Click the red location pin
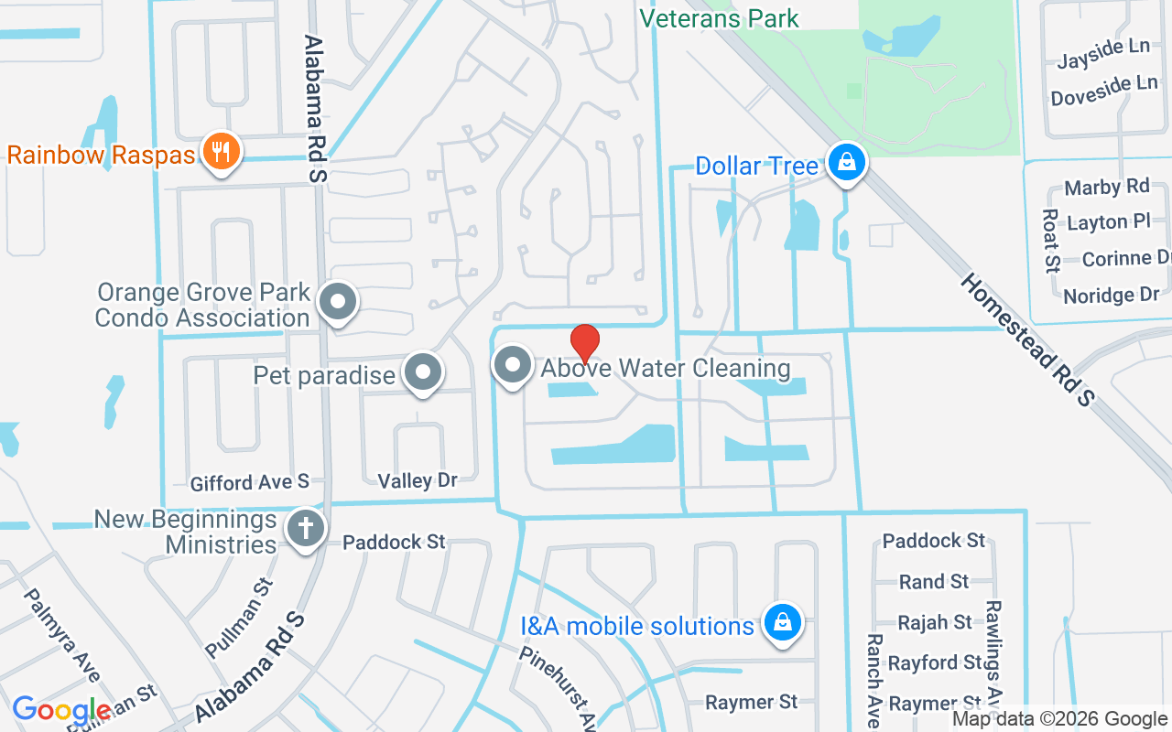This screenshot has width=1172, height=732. tap(584, 344)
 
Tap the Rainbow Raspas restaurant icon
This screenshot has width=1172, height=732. tap(220, 152)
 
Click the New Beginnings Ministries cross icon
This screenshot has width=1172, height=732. tap(306, 530)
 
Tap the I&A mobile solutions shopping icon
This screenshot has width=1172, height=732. tap(782, 623)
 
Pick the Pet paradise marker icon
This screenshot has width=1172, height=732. tap(422, 372)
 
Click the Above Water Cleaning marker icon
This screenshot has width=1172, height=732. tap(513, 366)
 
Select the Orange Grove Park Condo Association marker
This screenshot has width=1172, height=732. tap(338, 302)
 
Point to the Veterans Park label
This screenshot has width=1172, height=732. tap(719, 18)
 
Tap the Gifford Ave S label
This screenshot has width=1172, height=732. tap(250, 482)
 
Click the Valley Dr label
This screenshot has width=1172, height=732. tap(418, 480)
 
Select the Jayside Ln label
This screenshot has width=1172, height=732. tap(1103, 55)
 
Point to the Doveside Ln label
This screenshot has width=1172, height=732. tap(1104, 91)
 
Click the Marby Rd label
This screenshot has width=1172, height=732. tap(1106, 188)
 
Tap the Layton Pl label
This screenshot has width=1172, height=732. tap(1109, 222)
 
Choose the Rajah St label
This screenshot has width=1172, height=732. tap(935, 622)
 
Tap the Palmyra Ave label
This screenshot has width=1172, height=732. tap(61, 635)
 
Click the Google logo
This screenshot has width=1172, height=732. tap(62, 710)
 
